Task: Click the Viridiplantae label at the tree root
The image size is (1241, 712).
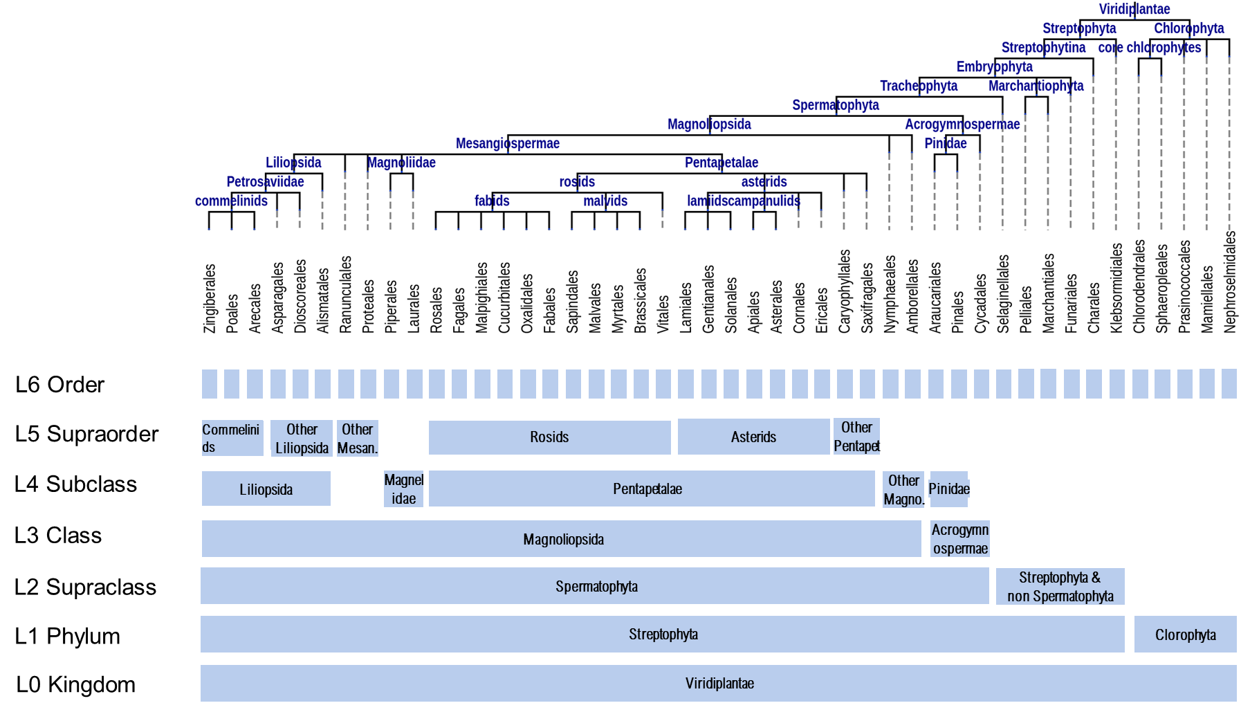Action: point(1134,9)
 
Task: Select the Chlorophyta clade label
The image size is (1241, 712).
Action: point(1188,28)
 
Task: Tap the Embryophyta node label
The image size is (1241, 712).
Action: point(994,66)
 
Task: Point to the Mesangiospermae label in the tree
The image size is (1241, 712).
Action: point(507,143)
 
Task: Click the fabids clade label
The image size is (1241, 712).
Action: point(492,201)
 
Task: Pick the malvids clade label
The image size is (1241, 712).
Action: point(605,201)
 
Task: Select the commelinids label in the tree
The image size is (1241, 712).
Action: point(231,201)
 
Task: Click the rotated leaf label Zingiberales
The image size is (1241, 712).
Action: point(210,298)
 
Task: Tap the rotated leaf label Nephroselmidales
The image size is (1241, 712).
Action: point(1230,282)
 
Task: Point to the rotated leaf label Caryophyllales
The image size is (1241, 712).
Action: point(845,291)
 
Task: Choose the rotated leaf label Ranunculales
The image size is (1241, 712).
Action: point(346,294)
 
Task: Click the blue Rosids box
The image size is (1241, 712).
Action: point(549,437)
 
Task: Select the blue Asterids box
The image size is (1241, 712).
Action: point(753,437)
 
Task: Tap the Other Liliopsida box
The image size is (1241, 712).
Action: point(302,439)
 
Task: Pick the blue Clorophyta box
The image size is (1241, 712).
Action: point(1185,635)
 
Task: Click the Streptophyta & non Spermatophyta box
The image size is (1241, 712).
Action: point(1060,587)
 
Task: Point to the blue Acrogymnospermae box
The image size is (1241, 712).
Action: point(959,539)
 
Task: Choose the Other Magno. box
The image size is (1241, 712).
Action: point(903,490)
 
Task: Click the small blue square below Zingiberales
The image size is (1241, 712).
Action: point(209,384)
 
